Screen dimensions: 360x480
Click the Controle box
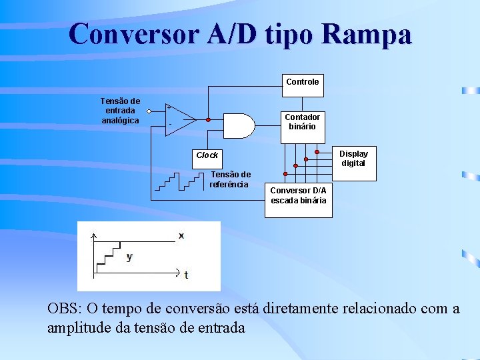(x=302, y=82)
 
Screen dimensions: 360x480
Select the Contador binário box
(x=302, y=121)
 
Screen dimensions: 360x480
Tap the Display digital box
(x=353, y=159)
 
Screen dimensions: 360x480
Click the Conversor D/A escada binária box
(x=297, y=195)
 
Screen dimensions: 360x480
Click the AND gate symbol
(x=238, y=124)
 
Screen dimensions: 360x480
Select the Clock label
(x=207, y=155)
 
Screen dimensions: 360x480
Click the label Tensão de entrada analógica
(x=120, y=111)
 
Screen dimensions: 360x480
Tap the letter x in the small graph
(x=181, y=236)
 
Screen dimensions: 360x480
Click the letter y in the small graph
(x=129, y=257)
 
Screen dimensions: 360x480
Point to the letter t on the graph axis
(x=186, y=275)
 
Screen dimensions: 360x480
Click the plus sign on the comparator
(x=169, y=108)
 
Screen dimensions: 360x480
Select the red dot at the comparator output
(x=208, y=120)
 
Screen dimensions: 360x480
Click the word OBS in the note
(x=63, y=309)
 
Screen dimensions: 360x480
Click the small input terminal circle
(x=149, y=111)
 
